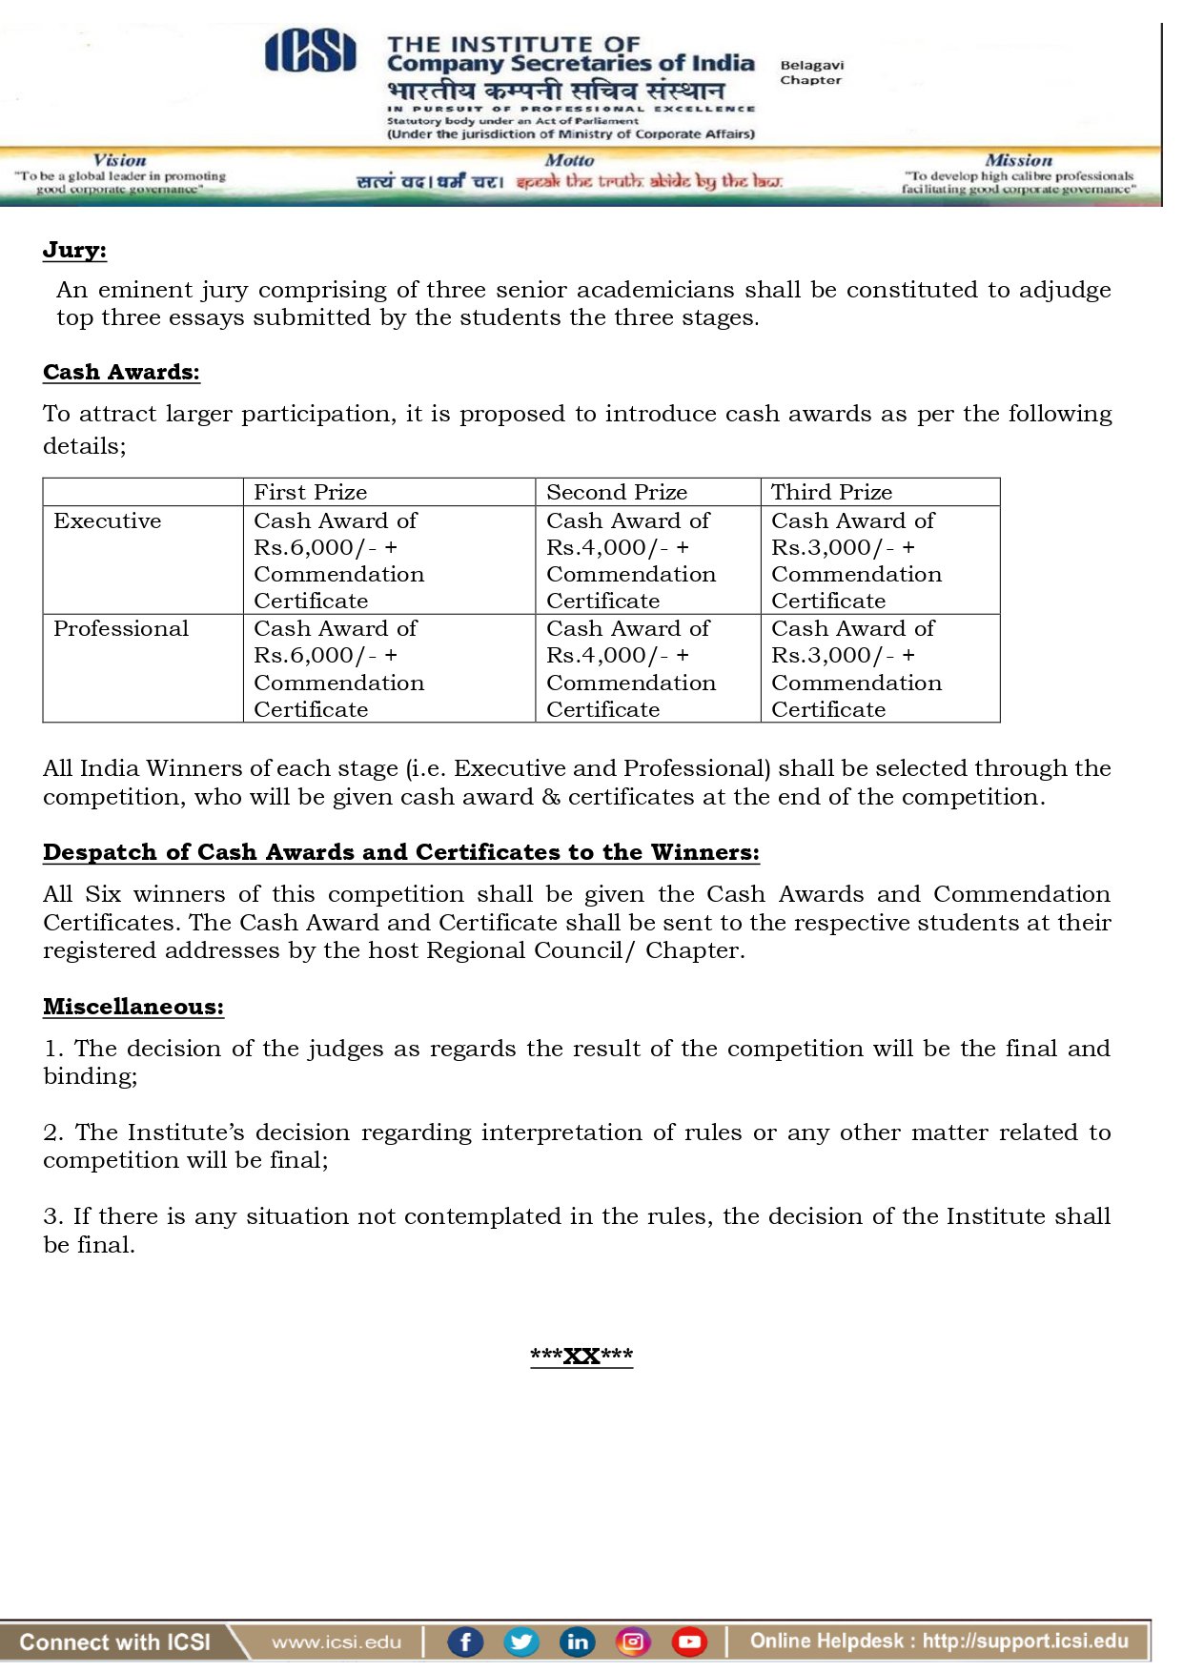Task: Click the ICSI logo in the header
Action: click(x=310, y=51)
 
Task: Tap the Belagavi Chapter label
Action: click(x=811, y=72)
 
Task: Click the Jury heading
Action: click(x=74, y=251)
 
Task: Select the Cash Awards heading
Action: click(x=121, y=373)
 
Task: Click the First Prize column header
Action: click(x=310, y=493)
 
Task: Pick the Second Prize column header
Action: click(x=617, y=493)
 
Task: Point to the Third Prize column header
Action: click(x=831, y=493)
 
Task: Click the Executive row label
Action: click(x=108, y=521)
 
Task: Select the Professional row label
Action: click(x=121, y=629)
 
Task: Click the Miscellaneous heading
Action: click(x=133, y=1008)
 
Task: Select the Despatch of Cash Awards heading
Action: click(x=401, y=853)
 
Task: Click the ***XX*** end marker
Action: click(x=581, y=1357)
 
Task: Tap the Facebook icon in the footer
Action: click(x=465, y=1642)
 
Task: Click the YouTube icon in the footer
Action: click(x=689, y=1642)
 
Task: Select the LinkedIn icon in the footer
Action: click(x=577, y=1642)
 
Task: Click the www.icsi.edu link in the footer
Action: click(x=337, y=1642)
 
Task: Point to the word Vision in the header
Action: click(x=120, y=161)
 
